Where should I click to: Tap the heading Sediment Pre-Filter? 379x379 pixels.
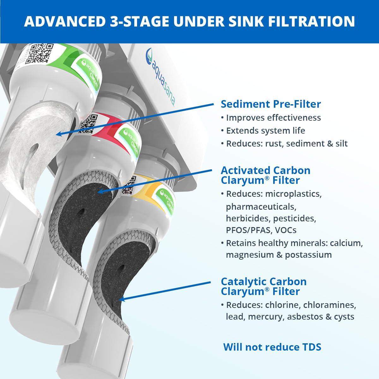(x=271, y=104)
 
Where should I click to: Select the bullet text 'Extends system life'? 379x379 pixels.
(x=266, y=130)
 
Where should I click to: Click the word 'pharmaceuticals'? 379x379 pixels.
(x=261, y=207)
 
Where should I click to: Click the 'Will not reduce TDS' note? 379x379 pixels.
(x=272, y=347)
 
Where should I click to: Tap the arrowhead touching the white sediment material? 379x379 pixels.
(x=58, y=135)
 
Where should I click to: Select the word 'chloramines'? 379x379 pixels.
(x=334, y=305)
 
